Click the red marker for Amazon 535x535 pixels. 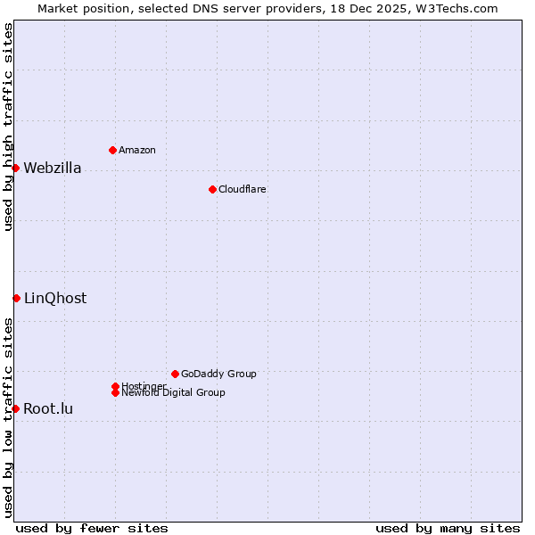point(112,150)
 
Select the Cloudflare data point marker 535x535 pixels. point(212,189)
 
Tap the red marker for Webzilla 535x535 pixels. point(15,168)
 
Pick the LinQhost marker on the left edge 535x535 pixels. point(16,298)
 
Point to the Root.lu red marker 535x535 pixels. point(15,408)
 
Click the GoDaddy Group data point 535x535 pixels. point(175,374)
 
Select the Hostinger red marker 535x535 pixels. point(115,386)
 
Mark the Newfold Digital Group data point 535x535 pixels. point(115,392)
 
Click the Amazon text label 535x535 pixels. point(137,150)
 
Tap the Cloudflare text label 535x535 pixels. point(243,189)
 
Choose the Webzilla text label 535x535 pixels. point(53,169)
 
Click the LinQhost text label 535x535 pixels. point(55,299)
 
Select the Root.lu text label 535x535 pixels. point(48,409)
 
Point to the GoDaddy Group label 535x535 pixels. point(218,374)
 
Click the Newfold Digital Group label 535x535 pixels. point(174,393)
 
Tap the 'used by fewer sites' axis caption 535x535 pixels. point(92,528)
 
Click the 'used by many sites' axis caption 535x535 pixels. point(448,528)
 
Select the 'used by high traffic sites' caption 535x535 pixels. point(8,127)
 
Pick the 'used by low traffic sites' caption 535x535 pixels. point(8,416)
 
